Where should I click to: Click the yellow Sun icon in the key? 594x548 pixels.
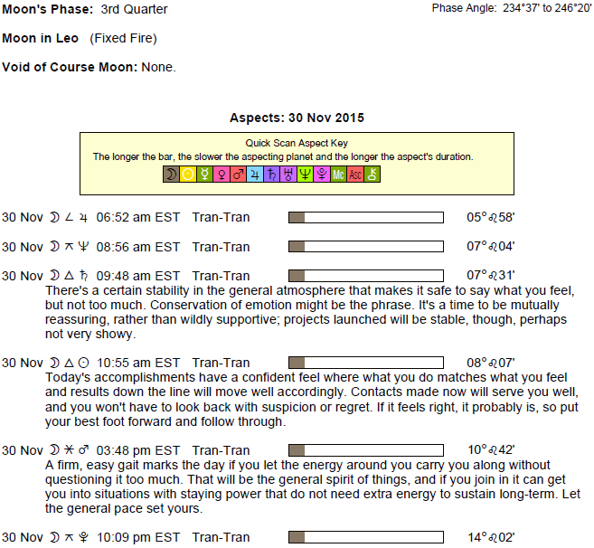(x=188, y=175)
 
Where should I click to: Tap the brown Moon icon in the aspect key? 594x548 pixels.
(x=171, y=175)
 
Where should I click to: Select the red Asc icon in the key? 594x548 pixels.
(x=355, y=175)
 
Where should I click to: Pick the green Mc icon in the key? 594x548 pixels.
(x=338, y=175)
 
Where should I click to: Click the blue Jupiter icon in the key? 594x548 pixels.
(x=255, y=175)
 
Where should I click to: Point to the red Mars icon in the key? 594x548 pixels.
(x=239, y=175)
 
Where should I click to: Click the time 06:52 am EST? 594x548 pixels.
(x=138, y=217)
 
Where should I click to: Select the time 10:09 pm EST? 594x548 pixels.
(x=138, y=537)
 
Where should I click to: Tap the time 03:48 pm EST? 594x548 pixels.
(x=138, y=450)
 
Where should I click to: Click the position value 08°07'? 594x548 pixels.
(x=491, y=363)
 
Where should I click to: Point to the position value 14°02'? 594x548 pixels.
(x=491, y=537)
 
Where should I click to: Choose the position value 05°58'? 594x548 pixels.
(x=491, y=217)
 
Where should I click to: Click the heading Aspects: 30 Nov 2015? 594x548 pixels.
(x=297, y=118)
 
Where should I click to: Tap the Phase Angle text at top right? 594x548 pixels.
(x=512, y=8)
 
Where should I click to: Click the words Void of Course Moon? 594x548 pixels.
(x=70, y=67)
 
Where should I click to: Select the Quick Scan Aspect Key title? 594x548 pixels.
(x=297, y=143)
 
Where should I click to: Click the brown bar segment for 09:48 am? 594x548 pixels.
(x=297, y=276)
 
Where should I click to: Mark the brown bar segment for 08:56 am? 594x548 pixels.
(x=297, y=246)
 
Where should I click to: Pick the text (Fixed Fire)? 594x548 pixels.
(x=123, y=38)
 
